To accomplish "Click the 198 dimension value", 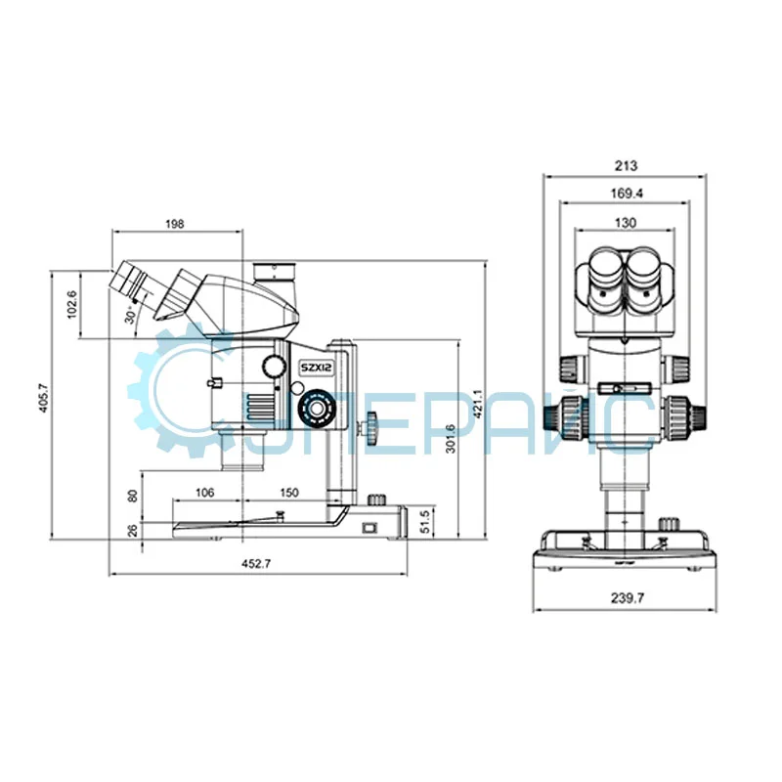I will [175, 224].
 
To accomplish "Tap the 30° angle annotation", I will [129, 315].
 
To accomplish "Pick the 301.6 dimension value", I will [450, 437].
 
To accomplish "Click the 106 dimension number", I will [205, 492].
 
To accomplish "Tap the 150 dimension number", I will [288, 492].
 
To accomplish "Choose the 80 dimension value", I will [134, 496].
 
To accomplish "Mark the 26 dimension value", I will [134, 530].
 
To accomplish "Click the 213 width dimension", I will [626, 165].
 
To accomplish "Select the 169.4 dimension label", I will [626, 194].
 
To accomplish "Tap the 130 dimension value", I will [626, 223].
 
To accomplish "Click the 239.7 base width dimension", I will [626, 597].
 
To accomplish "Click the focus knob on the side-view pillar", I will [373, 426].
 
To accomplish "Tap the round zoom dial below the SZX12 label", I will [315, 407].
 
